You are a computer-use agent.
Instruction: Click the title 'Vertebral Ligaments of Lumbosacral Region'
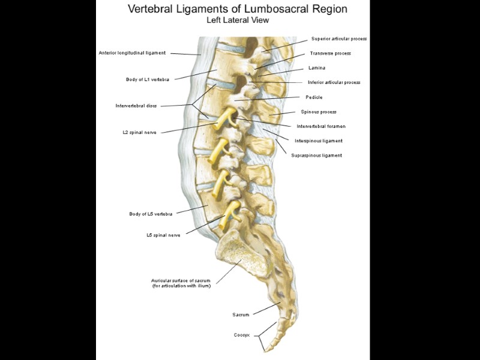[238, 9]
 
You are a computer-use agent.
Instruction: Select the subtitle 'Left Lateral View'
[238, 20]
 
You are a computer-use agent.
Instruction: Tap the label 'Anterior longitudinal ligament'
[132, 53]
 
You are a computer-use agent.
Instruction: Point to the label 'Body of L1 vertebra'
[148, 79]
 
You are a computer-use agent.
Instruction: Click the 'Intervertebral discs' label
[136, 106]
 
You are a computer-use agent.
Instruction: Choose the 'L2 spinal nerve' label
[139, 132]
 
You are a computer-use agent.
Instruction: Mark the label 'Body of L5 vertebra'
[151, 214]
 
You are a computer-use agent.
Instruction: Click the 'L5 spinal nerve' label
[163, 235]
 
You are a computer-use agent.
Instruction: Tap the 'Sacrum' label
[241, 314]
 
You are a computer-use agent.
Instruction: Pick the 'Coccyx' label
[241, 335]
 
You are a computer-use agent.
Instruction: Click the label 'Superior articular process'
[339, 38]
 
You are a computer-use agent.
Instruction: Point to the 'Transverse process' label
[331, 53]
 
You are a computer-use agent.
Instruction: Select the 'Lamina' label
[317, 68]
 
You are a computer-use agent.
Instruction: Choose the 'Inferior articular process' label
[334, 82]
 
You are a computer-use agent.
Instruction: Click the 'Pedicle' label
[314, 97]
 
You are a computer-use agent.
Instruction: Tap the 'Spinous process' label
[319, 112]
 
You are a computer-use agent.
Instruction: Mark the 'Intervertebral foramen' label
[321, 127]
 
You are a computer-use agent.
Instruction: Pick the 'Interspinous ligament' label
[319, 141]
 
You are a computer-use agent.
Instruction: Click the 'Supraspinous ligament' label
[316, 155]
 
